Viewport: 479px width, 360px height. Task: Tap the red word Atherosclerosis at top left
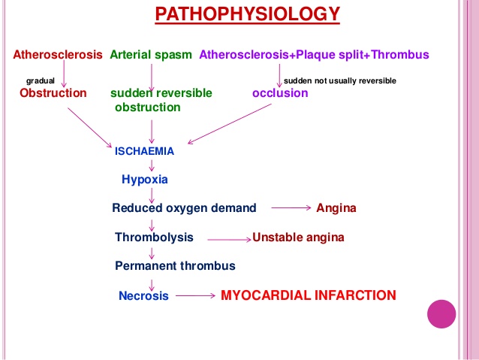click(58, 54)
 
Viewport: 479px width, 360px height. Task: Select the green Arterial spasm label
click(152, 54)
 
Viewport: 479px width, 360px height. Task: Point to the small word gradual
click(40, 80)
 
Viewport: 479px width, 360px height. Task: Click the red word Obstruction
click(53, 93)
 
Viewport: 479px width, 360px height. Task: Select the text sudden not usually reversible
click(340, 80)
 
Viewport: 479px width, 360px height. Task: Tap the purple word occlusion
click(280, 93)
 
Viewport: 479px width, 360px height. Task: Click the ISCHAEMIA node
click(144, 151)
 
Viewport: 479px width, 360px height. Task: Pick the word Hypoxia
click(144, 180)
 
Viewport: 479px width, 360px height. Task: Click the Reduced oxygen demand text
click(184, 208)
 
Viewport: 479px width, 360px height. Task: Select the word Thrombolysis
click(154, 237)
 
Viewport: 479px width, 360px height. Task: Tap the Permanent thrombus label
click(175, 266)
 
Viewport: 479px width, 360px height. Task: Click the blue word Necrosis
click(143, 296)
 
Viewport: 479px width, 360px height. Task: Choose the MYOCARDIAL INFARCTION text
click(308, 295)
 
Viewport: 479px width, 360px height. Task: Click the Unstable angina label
click(298, 237)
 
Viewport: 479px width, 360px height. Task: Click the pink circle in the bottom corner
click(441, 313)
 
